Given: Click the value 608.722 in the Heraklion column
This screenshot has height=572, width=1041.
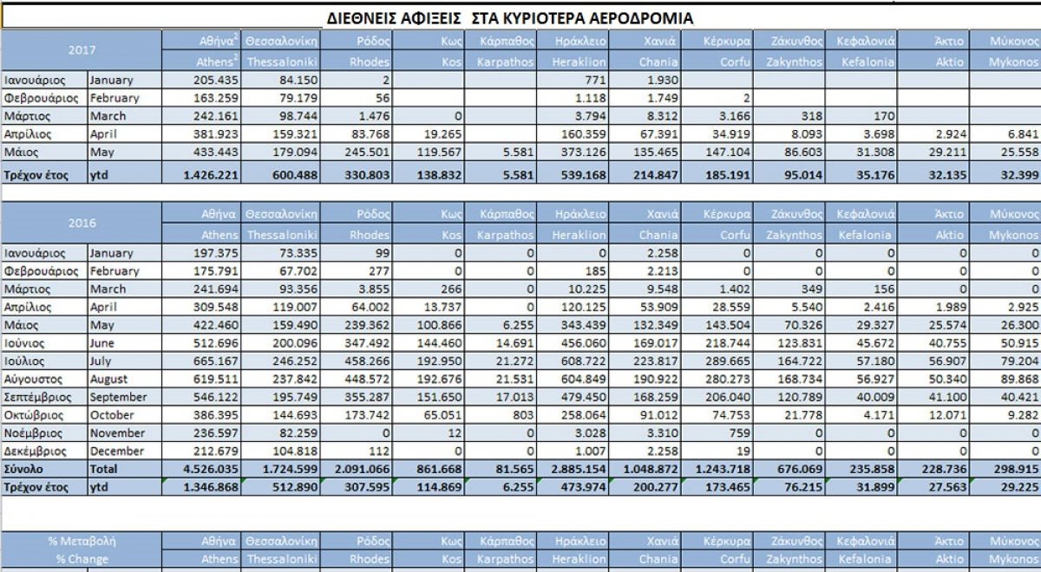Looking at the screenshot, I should coord(584,361).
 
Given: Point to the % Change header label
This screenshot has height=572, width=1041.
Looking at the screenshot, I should coord(82,559).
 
